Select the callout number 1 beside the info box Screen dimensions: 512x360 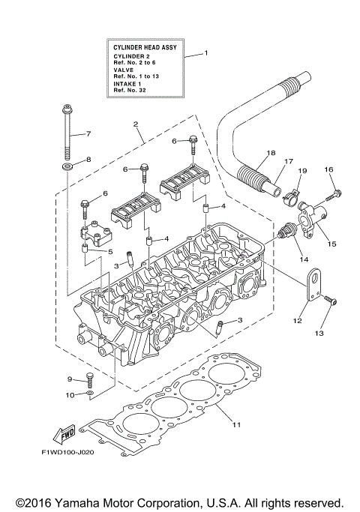coord(206,54)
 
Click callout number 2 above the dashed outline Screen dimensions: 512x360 coord(135,123)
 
